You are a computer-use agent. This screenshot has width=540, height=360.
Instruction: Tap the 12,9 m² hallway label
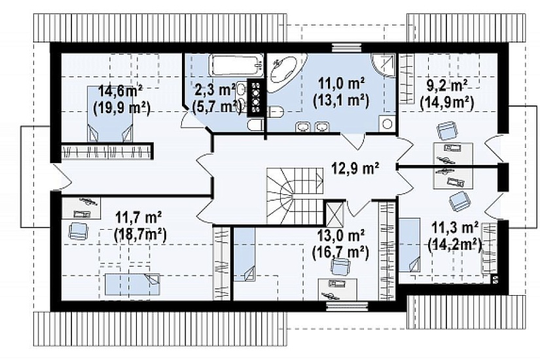click(355, 168)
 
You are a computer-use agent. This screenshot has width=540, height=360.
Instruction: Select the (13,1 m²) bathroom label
click(340, 100)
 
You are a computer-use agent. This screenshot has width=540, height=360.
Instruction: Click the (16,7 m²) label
click(340, 253)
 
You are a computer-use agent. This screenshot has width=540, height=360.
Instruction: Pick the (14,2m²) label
click(454, 245)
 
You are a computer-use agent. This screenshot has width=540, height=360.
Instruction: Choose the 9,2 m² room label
click(446, 85)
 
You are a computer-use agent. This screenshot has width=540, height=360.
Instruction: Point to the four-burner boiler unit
click(255, 97)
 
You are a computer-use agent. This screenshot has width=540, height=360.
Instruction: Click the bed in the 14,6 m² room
click(109, 114)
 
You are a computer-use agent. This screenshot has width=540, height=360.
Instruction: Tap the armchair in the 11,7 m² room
click(78, 230)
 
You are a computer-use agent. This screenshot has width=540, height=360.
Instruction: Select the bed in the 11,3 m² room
click(410, 245)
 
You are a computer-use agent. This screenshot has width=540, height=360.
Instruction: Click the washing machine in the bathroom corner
click(387, 123)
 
